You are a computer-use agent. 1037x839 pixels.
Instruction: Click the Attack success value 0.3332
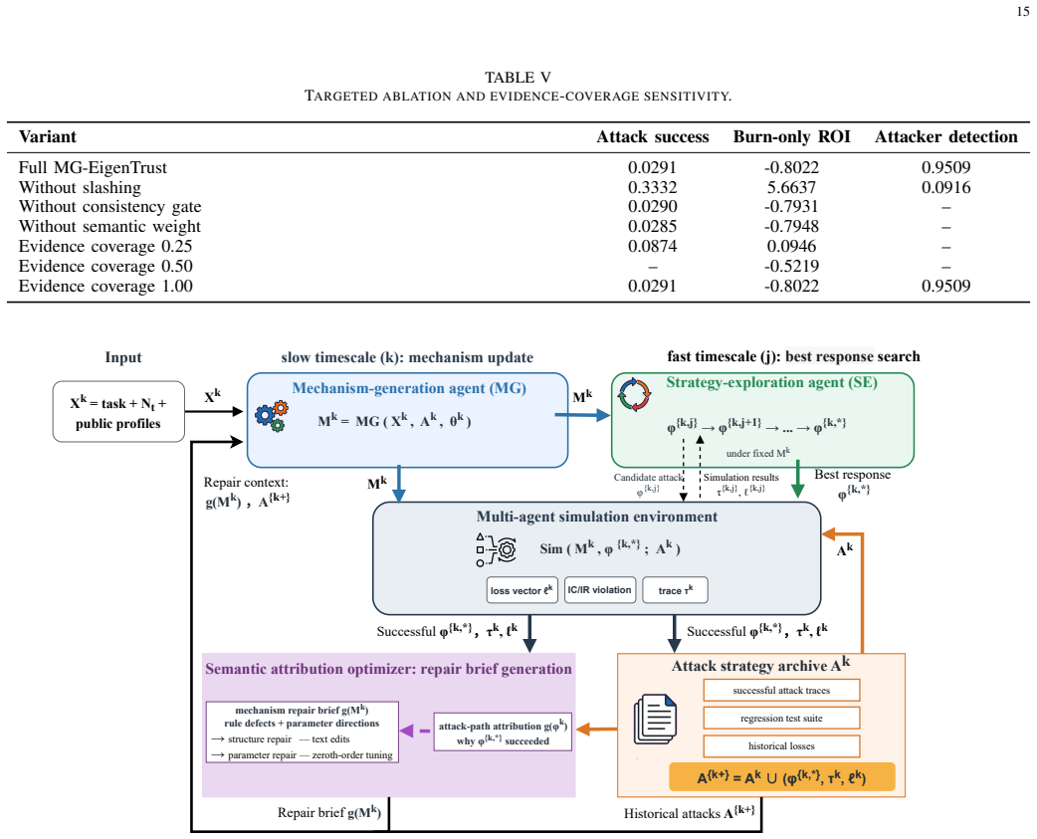(x=652, y=187)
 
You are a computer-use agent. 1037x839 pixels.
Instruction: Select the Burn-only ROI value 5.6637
(x=791, y=187)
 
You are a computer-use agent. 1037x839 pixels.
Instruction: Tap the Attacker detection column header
(x=945, y=137)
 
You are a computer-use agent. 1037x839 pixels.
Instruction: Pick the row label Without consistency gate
(x=109, y=207)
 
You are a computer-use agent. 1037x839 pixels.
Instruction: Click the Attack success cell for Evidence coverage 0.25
(x=652, y=246)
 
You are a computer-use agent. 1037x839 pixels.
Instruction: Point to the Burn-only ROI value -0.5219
(x=791, y=266)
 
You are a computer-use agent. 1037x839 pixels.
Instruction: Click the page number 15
(x=1022, y=11)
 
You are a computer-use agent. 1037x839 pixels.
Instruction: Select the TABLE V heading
(x=518, y=78)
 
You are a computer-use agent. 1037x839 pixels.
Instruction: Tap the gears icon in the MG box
(x=272, y=416)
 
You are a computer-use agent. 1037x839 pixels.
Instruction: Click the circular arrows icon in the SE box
(x=634, y=395)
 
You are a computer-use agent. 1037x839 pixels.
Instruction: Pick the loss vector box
(x=521, y=590)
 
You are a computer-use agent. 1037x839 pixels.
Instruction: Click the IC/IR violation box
(x=600, y=590)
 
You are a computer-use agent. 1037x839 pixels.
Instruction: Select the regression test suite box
(x=781, y=718)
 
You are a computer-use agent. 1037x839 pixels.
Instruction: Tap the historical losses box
(x=781, y=745)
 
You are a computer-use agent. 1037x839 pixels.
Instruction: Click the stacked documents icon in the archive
(x=656, y=719)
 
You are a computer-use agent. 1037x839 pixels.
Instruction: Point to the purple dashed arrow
(x=415, y=731)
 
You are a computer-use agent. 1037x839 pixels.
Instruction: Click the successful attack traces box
(x=781, y=691)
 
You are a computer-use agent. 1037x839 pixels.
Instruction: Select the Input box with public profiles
(x=118, y=411)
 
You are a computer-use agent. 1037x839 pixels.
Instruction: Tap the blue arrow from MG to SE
(x=582, y=415)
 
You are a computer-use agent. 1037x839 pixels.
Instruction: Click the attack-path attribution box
(x=503, y=732)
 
